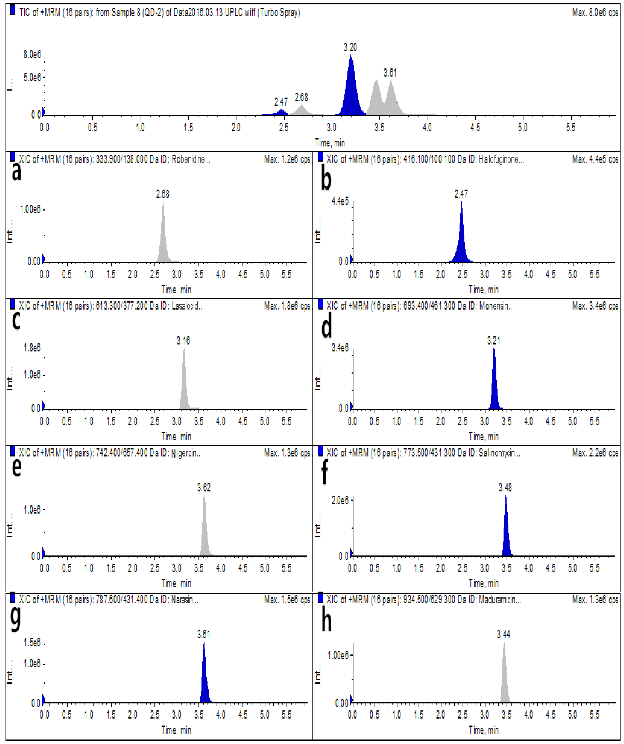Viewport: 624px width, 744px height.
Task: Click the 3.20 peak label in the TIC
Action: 350,47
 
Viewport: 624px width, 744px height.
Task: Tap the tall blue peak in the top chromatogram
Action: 351,89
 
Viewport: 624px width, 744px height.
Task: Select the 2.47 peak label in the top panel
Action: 281,102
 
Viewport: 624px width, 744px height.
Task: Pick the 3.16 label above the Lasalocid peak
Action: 183,341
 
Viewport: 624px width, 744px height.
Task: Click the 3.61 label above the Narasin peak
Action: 204,634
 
